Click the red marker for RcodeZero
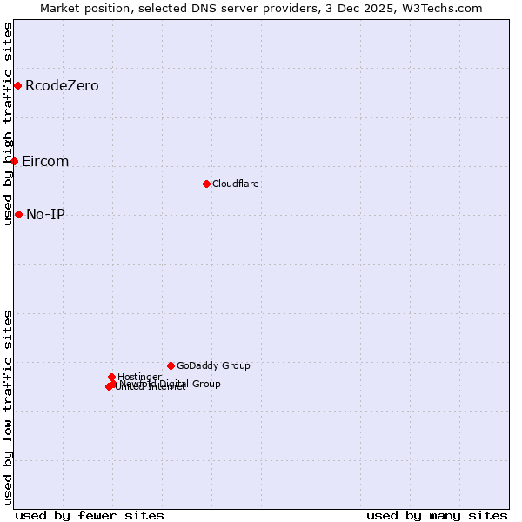click(x=17, y=85)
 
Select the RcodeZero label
click(x=62, y=85)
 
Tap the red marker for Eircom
click(x=14, y=161)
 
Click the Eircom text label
click(x=45, y=162)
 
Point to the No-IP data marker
click(x=18, y=214)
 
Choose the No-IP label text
click(x=45, y=214)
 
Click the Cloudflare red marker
click(x=206, y=184)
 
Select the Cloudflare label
click(x=236, y=184)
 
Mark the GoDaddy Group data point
click(x=171, y=365)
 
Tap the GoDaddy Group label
click(x=213, y=365)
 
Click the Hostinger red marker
click(x=111, y=377)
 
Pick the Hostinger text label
click(x=139, y=377)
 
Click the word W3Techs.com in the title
click(x=446, y=8)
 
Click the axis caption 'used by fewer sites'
click(x=90, y=515)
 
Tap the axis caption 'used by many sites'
click(x=437, y=515)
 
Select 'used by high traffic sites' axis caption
click(x=8, y=124)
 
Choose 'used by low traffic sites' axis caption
click(x=8, y=407)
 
